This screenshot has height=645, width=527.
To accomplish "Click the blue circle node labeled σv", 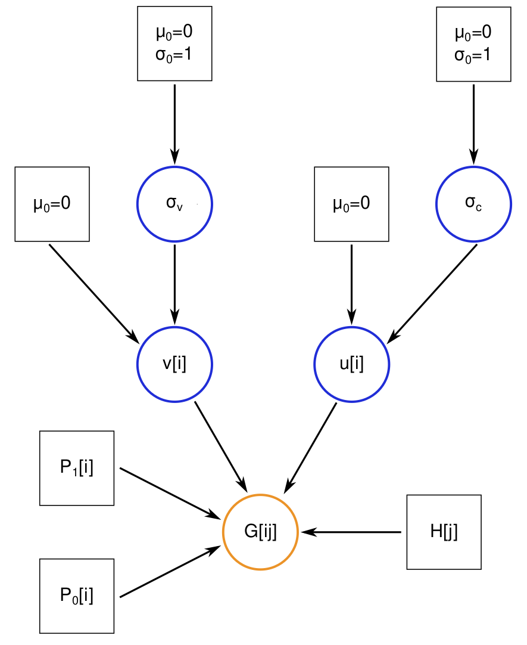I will click(x=174, y=204).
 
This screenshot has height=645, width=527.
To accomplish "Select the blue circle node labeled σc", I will click(x=473, y=204).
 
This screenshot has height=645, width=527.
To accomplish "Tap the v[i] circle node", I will click(x=174, y=364).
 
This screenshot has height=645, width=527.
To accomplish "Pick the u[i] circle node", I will click(x=351, y=364).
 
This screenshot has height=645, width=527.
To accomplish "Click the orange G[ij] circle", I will click(x=260, y=532).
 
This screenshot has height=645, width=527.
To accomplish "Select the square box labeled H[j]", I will click(x=444, y=532).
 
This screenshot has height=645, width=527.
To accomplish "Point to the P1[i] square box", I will click(x=77, y=468).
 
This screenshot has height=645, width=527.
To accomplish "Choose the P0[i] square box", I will click(x=77, y=596).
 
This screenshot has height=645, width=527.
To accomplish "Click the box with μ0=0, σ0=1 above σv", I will click(x=174, y=44).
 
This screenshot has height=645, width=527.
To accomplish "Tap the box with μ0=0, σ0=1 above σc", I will click(x=473, y=44).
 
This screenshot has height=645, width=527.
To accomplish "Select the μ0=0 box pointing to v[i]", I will click(x=52, y=204).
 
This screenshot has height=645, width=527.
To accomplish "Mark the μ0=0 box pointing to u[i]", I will click(x=351, y=204).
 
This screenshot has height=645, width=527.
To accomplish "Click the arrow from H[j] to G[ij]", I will click(x=351, y=532).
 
